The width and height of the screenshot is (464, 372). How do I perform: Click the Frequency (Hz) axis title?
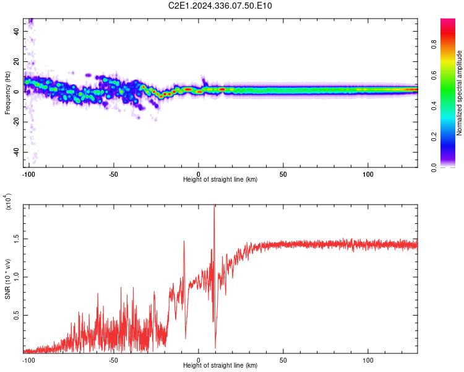pyautogui.click(x=8, y=93)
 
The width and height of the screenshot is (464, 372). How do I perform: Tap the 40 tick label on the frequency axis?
pyautogui.click(x=17, y=31)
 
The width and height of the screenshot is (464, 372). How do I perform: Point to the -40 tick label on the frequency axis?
pyautogui.click(x=15, y=152)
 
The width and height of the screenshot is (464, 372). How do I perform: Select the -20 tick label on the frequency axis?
pyautogui.click(x=15, y=122)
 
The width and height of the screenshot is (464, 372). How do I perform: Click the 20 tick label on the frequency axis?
pyautogui.click(x=17, y=61)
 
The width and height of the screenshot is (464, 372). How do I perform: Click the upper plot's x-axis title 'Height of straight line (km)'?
pyautogui.click(x=220, y=179)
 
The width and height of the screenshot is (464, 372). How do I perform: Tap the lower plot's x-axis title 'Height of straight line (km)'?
pyautogui.click(x=220, y=365)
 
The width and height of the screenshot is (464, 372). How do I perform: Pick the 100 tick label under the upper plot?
pyautogui.click(x=367, y=173)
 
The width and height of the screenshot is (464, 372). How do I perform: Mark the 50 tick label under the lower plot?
pyautogui.click(x=283, y=359)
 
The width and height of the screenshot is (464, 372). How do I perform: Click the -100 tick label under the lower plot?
pyautogui.click(x=28, y=359)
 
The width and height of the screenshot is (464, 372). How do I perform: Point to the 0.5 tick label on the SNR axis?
pyautogui.click(x=17, y=315)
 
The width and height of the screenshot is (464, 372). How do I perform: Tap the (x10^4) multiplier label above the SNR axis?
pyautogui.click(x=8, y=201)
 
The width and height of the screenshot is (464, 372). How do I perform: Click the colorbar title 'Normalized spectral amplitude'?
pyautogui.click(x=460, y=93)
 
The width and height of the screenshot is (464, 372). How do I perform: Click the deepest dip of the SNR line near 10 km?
pyautogui.click(x=215, y=348)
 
